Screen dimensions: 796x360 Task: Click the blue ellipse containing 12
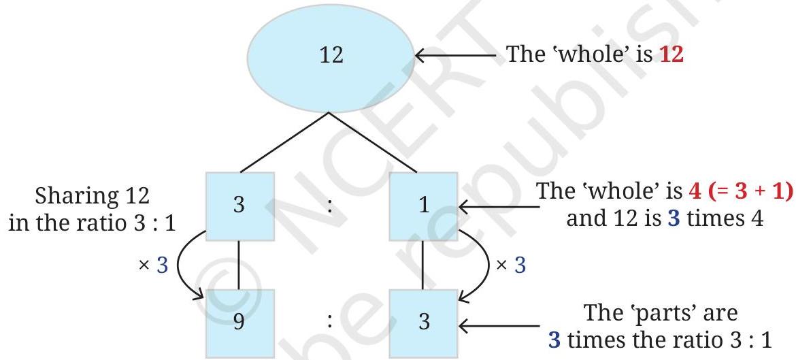(x=331, y=57)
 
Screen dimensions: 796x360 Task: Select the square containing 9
(x=240, y=323)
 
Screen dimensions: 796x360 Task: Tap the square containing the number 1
(x=424, y=206)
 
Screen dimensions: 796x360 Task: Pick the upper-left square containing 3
(x=240, y=206)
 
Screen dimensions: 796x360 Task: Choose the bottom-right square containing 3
(x=424, y=323)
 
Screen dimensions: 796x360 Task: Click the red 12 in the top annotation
(x=671, y=54)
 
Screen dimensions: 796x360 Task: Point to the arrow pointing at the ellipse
(x=456, y=56)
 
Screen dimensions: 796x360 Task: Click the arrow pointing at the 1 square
(x=498, y=207)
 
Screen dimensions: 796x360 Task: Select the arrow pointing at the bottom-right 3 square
(x=498, y=325)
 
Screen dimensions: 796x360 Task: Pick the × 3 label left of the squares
(x=153, y=265)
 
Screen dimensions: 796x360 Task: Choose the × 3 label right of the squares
(x=511, y=265)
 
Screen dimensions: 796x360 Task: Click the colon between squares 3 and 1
(x=331, y=206)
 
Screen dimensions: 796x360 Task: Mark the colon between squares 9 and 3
(x=331, y=322)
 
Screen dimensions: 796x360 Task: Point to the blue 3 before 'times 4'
(x=674, y=219)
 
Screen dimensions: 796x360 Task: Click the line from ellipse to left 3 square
(x=284, y=143)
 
